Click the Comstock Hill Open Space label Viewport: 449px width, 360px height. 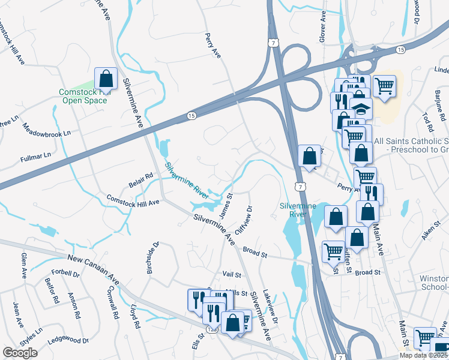tap(84, 96)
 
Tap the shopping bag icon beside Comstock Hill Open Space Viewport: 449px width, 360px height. tap(106, 79)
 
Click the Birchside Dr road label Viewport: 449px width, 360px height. tap(153, 258)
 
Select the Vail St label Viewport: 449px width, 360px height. tap(231, 274)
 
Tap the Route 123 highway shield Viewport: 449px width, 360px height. tap(211, 329)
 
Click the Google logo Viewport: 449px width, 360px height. tap(20, 353)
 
